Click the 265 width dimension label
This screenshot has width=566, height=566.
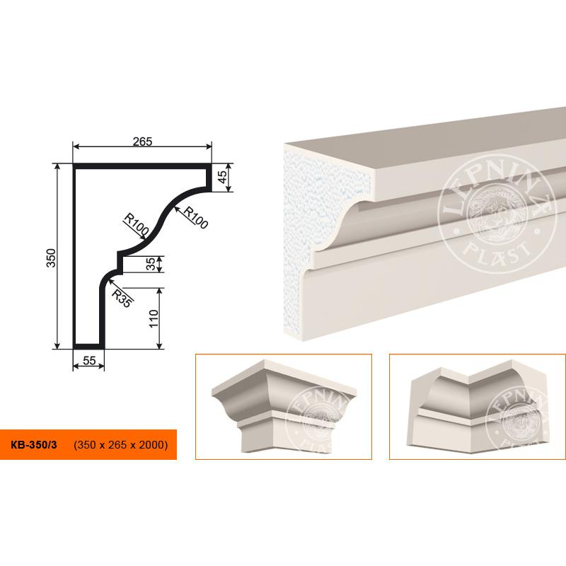click(x=143, y=141)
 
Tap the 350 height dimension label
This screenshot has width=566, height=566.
click(x=52, y=258)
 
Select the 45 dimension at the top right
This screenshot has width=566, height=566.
click(x=223, y=176)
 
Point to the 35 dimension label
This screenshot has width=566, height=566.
click(x=151, y=263)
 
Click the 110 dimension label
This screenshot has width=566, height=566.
click(x=154, y=318)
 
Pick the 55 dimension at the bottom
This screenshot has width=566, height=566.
click(x=89, y=360)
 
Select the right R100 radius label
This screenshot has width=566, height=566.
click(x=196, y=217)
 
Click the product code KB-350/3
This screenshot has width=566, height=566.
click(x=33, y=444)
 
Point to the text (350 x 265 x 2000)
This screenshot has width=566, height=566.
click(x=120, y=444)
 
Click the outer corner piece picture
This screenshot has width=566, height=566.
click(x=284, y=406)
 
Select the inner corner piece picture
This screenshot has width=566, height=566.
click(x=477, y=406)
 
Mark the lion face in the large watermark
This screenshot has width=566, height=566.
click(x=497, y=216)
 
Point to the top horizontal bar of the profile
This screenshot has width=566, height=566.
click(x=142, y=166)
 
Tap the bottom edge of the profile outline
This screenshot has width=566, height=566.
click(x=89, y=347)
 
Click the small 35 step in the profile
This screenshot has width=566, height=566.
click(x=120, y=263)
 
